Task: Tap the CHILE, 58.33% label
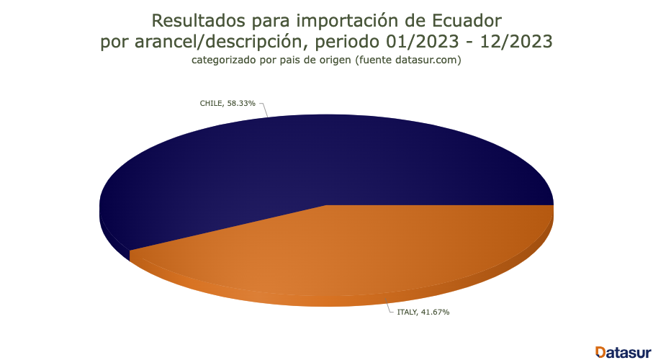pyautogui.click(x=228, y=104)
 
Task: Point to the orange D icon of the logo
pyautogui.click(x=600, y=351)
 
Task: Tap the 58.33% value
pyautogui.click(x=242, y=104)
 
